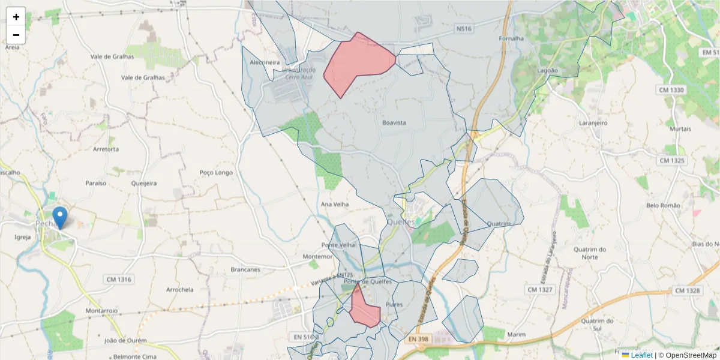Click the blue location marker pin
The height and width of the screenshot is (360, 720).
[x=60, y=217]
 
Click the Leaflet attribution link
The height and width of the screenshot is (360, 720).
[x=641, y=355]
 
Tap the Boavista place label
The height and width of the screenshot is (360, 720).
[x=394, y=122]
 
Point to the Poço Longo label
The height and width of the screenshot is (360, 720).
[x=215, y=173]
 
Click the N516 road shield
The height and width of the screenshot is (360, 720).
[x=463, y=28]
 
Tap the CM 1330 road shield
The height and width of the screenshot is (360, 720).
[x=671, y=90]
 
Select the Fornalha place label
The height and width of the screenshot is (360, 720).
[x=511, y=39]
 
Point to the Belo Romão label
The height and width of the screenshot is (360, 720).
[x=663, y=205]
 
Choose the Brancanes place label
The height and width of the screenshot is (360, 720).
[x=245, y=269]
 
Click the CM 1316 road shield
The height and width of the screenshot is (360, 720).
[x=118, y=279]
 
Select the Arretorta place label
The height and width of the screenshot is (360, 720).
[x=106, y=149]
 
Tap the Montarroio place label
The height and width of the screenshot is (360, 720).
[x=101, y=311]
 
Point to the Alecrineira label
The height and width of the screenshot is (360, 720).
[x=265, y=62]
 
